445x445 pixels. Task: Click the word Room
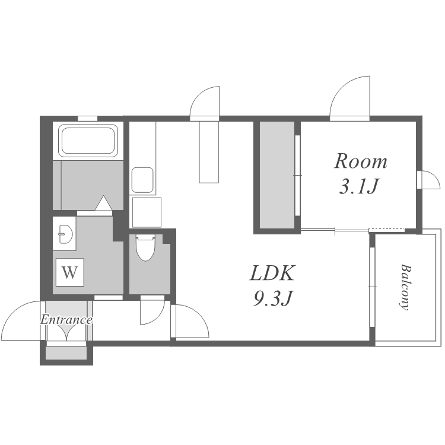[x=360, y=161]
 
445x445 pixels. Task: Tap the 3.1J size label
[x=359, y=186]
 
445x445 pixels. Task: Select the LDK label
[x=272, y=273]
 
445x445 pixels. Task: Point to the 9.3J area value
[x=272, y=298]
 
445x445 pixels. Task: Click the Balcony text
[x=405, y=287]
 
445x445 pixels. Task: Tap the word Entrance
[x=66, y=320]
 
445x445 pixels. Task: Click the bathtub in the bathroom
[x=88, y=141]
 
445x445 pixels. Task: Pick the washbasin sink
[x=65, y=234]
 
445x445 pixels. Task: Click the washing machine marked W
[x=70, y=272]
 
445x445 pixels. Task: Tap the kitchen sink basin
[x=142, y=180]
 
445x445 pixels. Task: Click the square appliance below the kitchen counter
[x=147, y=212]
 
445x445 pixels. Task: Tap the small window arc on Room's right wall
[x=433, y=177]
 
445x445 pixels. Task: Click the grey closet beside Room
[x=277, y=175]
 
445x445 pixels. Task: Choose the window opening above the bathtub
[x=87, y=119]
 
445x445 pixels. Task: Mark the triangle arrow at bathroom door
[x=103, y=203]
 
